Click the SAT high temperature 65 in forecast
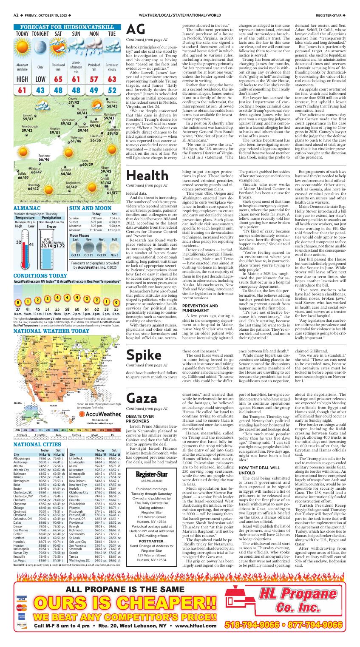(x=58, y=79)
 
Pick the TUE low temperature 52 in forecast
(x=112, y=91)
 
